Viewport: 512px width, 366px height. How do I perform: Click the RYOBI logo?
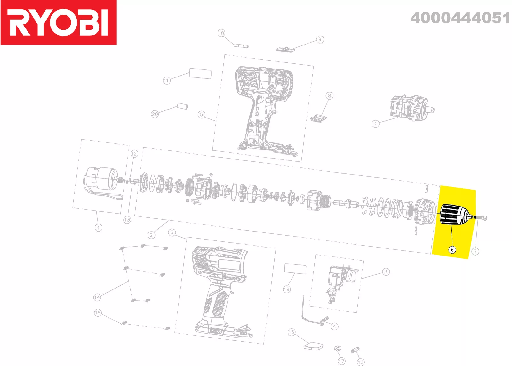pos(59,22)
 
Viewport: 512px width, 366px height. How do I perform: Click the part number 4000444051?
pos(460,18)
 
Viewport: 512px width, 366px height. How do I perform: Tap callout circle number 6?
pos(452,249)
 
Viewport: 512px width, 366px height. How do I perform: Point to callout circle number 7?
pos(476,252)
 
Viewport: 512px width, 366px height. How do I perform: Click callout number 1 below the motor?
pos(99,228)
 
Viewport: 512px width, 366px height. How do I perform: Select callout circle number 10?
pos(221,33)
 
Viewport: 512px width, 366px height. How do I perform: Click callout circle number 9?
pos(320,39)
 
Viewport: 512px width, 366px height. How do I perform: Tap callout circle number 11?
pos(167,80)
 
